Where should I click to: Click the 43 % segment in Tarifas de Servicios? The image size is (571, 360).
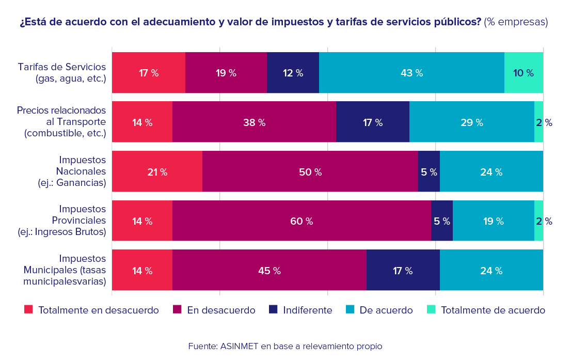click(411, 73)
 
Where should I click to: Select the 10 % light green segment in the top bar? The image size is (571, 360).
click(524, 73)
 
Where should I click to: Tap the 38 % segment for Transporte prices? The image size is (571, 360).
click(254, 122)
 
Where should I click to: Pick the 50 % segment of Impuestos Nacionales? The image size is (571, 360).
click(310, 172)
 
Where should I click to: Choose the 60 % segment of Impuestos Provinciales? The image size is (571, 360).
click(302, 221)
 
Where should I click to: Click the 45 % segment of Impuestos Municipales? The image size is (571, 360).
click(269, 271)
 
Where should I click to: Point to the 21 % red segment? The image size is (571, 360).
click(157, 172)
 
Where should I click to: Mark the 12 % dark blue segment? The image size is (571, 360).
click(293, 73)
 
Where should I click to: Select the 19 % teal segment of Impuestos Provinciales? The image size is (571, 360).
click(493, 221)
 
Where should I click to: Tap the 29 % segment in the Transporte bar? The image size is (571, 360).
click(471, 122)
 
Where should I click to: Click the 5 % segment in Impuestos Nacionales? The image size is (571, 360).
click(429, 172)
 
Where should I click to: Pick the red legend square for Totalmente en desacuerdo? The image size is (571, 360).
click(28, 309)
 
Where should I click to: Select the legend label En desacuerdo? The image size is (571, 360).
click(221, 310)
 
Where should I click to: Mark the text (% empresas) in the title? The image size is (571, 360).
click(516, 22)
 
